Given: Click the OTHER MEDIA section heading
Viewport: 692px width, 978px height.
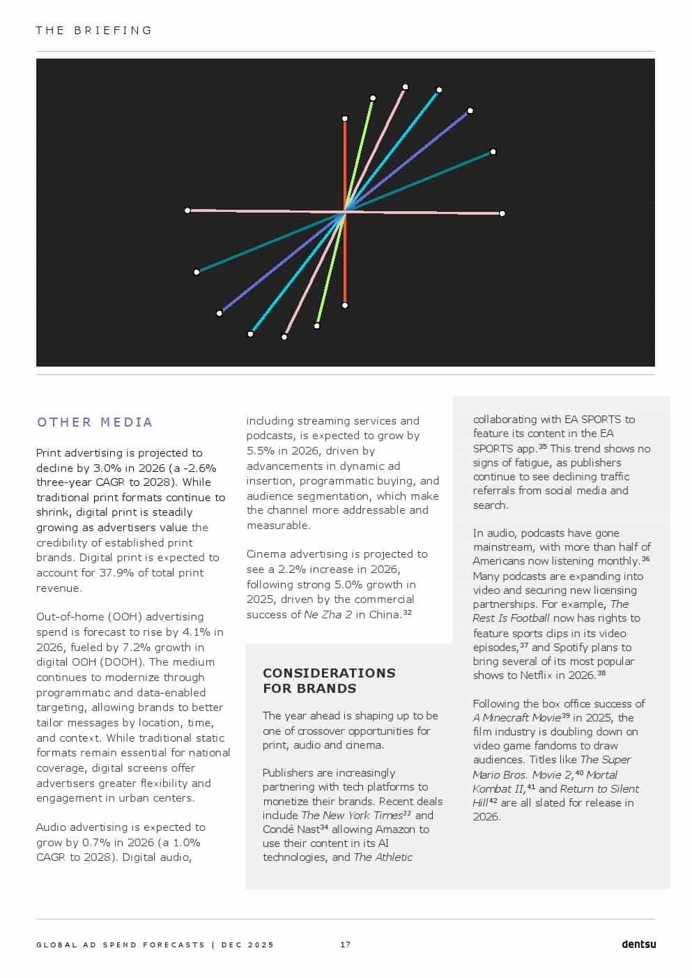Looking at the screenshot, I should (95, 422).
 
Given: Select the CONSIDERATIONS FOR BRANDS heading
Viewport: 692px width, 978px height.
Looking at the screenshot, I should (329, 680).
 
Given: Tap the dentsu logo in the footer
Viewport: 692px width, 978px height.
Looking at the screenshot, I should (638, 945).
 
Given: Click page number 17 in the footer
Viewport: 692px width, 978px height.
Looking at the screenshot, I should (346, 945).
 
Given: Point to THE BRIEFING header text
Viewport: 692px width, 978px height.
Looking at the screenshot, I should (94, 31).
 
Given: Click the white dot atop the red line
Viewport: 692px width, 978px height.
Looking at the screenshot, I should (345, 119).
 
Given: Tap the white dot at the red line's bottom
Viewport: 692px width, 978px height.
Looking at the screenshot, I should (345, 305).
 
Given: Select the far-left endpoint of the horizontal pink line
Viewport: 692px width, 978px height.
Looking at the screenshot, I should (187, 211).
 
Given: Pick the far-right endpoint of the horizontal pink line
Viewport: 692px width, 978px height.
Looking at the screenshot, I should (502, 213).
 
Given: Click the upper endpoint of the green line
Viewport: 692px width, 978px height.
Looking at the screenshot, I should (373, 98).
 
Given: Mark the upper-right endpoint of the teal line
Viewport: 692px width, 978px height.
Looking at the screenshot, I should (493, 152).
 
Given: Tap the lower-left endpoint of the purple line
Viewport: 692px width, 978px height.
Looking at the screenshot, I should (220, 313).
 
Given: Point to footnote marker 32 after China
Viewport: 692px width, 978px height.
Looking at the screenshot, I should (408, 613).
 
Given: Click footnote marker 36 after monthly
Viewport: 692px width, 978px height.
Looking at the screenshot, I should (646, 559).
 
